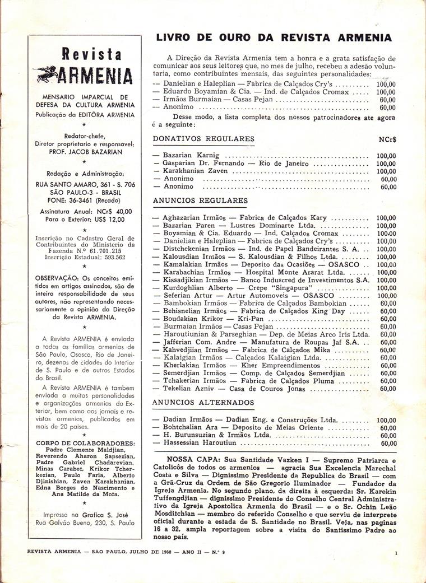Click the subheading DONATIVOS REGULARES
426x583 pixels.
[x=203, y=139]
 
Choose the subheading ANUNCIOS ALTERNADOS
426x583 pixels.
[x=203, y=402]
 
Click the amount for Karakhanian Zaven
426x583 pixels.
[x=386, y=171]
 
